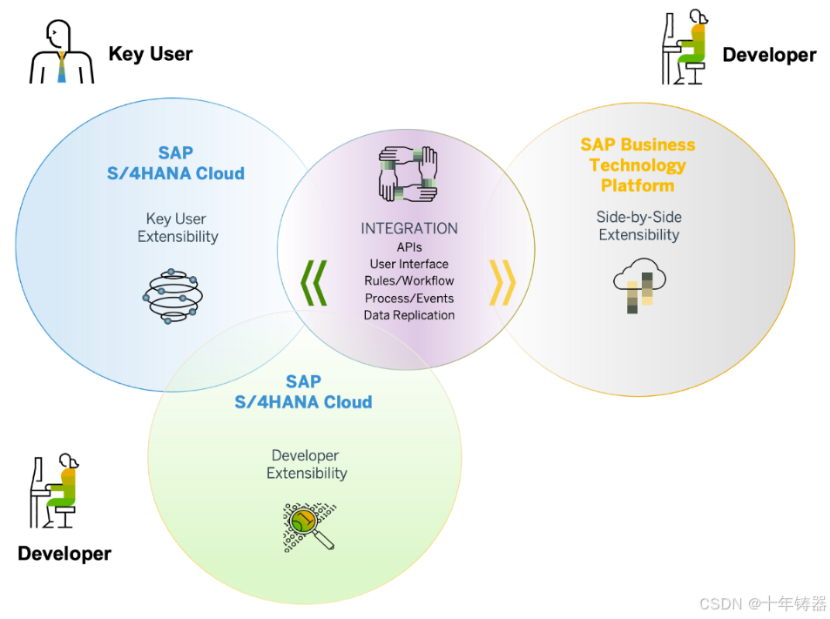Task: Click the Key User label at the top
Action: coord(150,54)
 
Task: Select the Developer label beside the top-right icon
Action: coord(769,56)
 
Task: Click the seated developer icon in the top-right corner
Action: coord(685,47)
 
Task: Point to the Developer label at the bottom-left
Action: coord(64,554)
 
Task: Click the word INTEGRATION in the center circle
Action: coord(409,229)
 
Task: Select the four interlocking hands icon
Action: coord(408,175)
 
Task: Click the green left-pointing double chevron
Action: coord(314,282)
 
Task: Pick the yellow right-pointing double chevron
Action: coord(503,282)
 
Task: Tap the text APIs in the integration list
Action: coord(409,247)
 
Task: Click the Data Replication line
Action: coord(409,315)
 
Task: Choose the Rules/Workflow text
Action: coord(409,281)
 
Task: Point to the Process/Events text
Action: coord(409,299)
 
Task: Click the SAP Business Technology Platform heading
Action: coord(638,165)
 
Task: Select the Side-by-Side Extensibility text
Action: coord(638,225)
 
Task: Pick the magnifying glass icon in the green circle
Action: coord(308,526)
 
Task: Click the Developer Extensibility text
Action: coord(307,464)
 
